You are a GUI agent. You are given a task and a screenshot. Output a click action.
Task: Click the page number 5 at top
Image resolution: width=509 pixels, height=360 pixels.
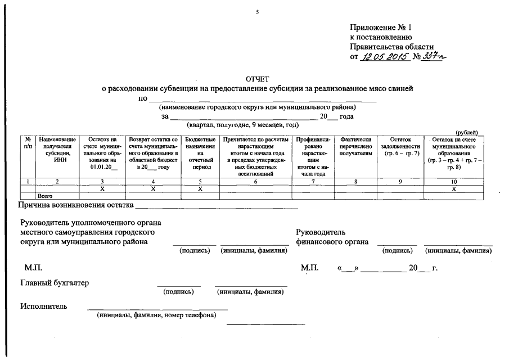pos(256,12)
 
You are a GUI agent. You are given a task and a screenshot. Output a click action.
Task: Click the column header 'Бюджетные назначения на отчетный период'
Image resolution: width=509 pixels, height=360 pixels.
pos(200,152)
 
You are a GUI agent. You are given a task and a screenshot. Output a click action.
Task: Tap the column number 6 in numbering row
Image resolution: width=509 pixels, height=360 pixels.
pos(255,182)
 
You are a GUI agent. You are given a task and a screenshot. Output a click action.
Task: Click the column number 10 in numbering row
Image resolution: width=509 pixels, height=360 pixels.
pos(454,182)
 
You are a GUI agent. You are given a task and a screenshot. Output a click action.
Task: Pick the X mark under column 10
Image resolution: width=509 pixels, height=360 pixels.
pos(454,189)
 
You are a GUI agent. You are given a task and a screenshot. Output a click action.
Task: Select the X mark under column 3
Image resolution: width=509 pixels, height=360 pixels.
pos(102,189)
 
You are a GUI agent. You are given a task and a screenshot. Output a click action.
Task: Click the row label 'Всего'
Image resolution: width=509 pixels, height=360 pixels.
pos(44,196)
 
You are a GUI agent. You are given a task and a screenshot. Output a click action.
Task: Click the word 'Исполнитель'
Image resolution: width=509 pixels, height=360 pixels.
pos(44,307)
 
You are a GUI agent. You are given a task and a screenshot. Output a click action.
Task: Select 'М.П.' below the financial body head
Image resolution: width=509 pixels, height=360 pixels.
pos(310,268)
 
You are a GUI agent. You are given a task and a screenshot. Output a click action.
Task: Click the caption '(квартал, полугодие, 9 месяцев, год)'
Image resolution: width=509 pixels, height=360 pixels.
pos(242,125)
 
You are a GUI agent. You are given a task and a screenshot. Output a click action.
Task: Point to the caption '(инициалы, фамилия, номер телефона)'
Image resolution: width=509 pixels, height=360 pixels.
pos(156,316)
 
